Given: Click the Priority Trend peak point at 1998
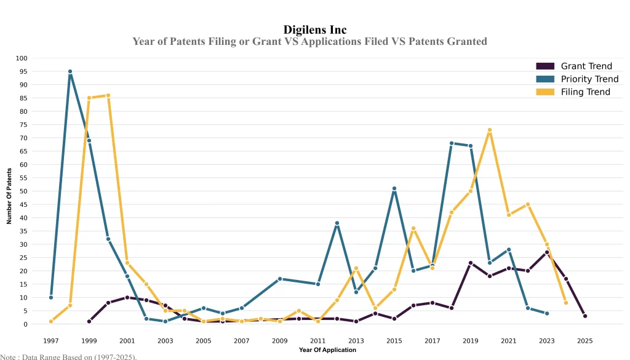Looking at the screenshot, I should tap(70, 71).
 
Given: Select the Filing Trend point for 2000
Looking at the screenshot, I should tap(108, 95).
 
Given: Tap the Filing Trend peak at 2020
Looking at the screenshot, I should tap(490, 130).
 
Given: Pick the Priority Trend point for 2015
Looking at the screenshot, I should tap(394, 188).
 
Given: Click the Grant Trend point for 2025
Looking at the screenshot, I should tap(585, 316).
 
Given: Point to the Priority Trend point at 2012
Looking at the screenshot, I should tap(337, 223).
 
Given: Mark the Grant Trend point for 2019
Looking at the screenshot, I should tap(471, 263).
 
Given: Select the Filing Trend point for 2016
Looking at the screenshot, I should tap(413, 228).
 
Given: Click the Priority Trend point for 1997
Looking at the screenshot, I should tap(51, 297).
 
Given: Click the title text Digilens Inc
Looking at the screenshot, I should tap(315, 30).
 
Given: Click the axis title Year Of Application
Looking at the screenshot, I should tap(327, 350).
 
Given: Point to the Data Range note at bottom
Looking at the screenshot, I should tap(68, 356).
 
